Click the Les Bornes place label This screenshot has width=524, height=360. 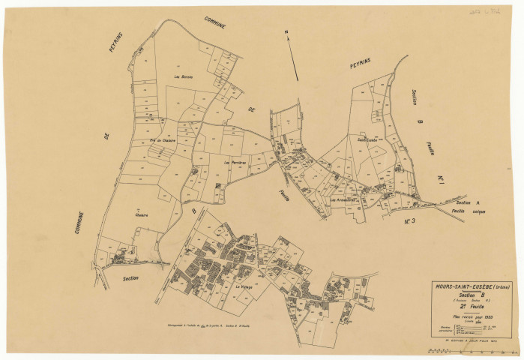point(184,76)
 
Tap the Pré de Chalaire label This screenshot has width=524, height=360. point(162,139)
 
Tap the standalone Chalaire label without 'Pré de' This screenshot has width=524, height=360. point(141,215)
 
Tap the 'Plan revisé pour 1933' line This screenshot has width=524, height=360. point(472,317)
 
